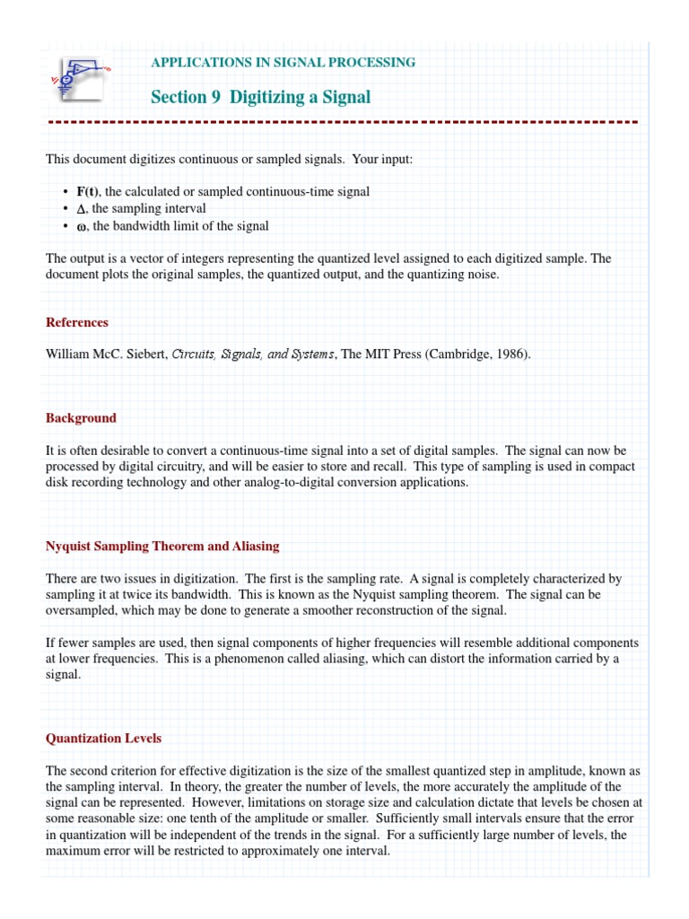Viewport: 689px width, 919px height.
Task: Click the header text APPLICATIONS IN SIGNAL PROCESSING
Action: click(283, 62)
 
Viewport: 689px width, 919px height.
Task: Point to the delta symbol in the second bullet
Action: click(80, 209)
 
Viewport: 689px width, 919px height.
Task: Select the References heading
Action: click(77, 322)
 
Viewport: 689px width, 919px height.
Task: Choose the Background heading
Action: click(81, 417)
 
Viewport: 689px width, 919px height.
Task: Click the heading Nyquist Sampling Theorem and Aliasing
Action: click(162, 546)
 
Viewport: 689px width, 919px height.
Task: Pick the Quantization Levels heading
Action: click(104, 738)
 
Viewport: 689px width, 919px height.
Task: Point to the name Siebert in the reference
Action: click(145, 354)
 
